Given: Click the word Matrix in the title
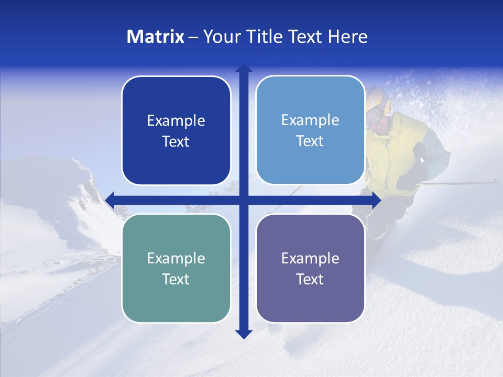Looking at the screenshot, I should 155,37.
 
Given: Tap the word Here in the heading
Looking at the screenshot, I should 347,37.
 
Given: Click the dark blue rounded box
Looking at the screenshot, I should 176,130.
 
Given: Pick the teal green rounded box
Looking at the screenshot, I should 176,268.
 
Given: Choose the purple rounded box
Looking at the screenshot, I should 310,268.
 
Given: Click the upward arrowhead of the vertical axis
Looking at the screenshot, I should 244,69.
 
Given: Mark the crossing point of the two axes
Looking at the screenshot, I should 244,200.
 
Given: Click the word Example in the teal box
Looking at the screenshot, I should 176,258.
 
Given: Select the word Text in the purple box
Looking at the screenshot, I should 310,279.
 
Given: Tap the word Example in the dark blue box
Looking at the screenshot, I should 176,120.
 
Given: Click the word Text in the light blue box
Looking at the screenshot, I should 310,141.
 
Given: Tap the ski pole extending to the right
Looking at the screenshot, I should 461,183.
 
